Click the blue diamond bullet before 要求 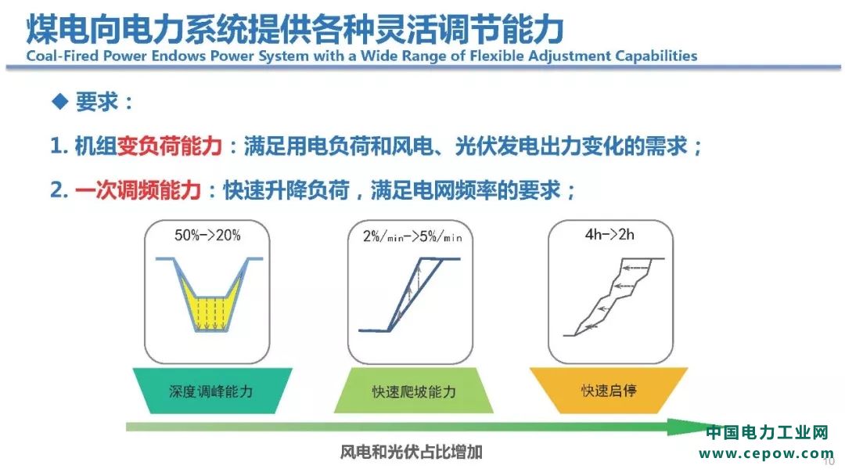click(59, 101)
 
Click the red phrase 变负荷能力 click(169, 146)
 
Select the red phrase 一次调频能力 click(138, 189)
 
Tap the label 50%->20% click(207, 235)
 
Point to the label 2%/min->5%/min click(412, 236)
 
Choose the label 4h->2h click(609, 235)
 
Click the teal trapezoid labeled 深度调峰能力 click(212, 391)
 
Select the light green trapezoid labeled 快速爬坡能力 click(413, 391)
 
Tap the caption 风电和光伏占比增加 click(411, 452)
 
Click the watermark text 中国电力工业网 click(767, 432)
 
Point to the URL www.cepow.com click(766, 453)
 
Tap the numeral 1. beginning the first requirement click(59, 146)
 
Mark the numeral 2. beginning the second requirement click(59, 189)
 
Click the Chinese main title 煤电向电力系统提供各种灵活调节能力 click(295, 29)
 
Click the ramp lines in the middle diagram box click(404, 295)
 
